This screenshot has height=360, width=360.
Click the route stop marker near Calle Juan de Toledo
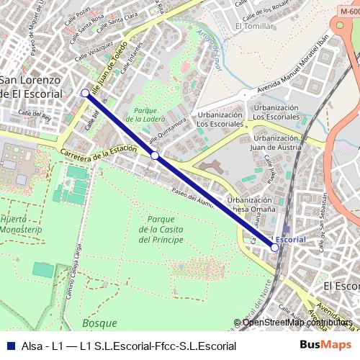click(85, 93)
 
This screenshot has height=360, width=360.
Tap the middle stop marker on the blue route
click(155, 156)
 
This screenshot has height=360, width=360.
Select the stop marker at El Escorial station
click(274, 247)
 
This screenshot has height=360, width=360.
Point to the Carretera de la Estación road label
click(99, 152)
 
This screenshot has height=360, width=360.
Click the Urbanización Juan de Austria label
click(276, 143)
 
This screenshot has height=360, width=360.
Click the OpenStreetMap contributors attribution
click(297, 323)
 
